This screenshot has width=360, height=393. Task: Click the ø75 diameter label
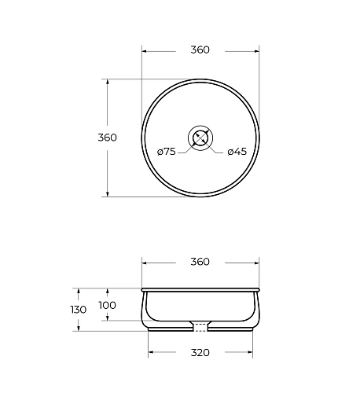167,152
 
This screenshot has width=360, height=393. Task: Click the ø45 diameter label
237,152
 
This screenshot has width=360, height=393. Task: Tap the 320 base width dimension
200,353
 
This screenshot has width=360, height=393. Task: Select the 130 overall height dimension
79,310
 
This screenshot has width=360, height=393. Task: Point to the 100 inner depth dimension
107,305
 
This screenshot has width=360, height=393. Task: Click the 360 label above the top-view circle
200,50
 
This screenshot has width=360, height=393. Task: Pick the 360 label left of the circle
107,138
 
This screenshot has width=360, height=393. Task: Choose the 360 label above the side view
200,262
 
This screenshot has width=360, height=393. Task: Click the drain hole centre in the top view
200,138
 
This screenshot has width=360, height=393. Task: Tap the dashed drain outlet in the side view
200,328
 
